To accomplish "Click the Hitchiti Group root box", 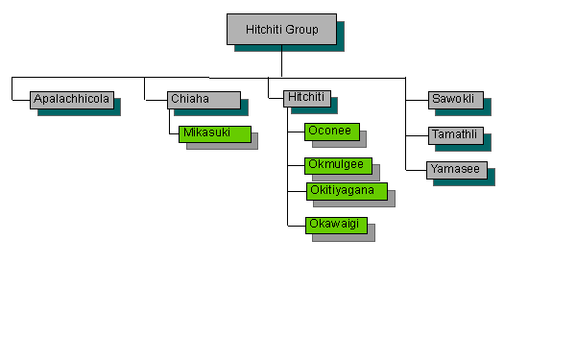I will coord(281,29).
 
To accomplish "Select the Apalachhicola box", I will coord(72,99).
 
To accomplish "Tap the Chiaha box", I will coord(203,99).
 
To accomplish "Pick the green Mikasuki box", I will coord(214,132).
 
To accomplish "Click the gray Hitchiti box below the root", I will coord(307,98).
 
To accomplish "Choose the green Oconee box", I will coord(331,131).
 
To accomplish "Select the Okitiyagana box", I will coord(347,190).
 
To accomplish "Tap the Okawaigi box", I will coord(336,225).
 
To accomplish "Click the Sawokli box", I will coord(455,99).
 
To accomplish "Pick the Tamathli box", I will coord(456,134).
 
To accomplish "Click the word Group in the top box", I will coord(302,29).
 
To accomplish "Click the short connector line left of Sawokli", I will coord(417,99).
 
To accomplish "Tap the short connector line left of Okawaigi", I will coord(296,226).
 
